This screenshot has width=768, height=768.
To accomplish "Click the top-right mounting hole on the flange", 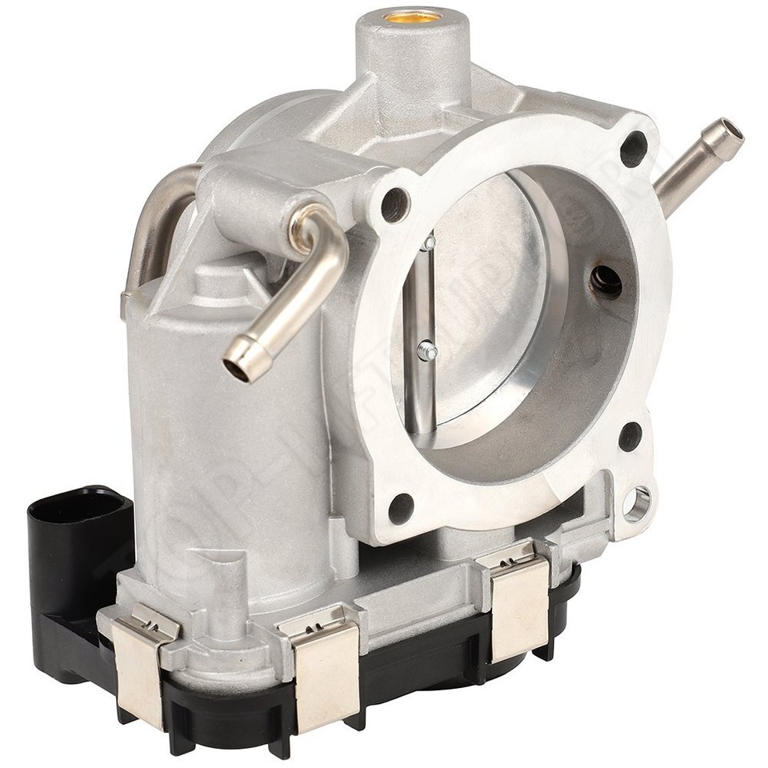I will (634, 148).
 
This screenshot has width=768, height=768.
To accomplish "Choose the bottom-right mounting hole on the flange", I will (630, 436).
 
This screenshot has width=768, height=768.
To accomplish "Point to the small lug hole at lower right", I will (638, 503).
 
